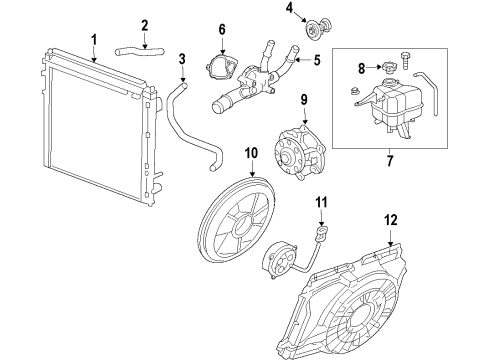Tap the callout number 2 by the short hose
click(145, 25)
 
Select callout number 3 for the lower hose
click(182, 59)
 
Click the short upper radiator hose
click(134, 46)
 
